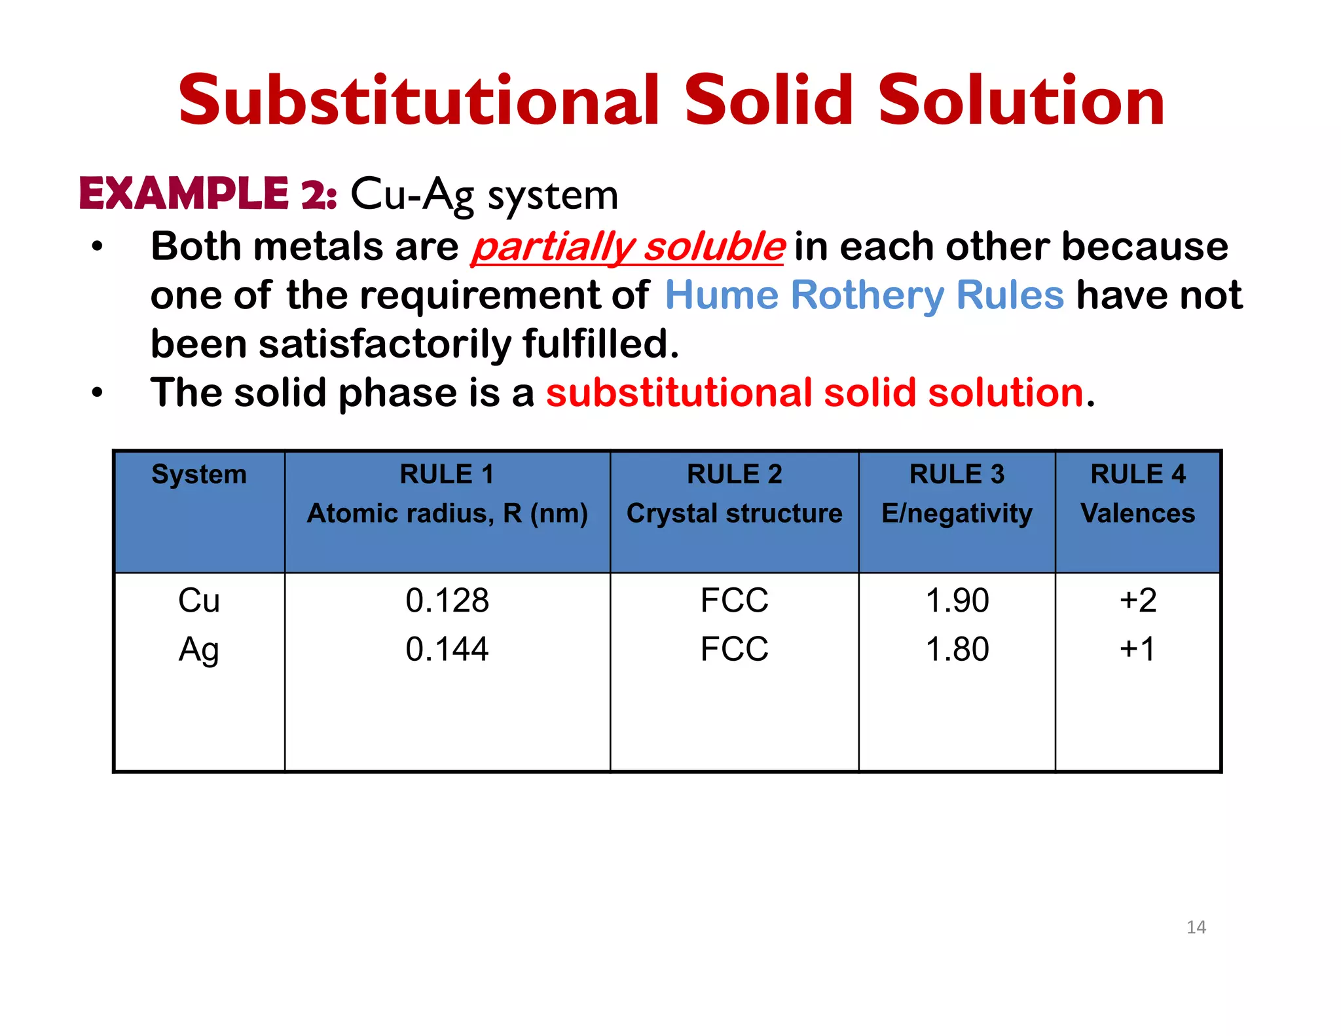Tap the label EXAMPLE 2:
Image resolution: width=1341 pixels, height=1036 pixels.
(208, 194)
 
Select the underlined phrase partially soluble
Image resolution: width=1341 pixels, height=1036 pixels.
(628, 248)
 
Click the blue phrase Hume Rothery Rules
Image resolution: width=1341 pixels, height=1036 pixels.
(864, 295)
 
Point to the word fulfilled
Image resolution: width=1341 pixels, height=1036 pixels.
(600, 344)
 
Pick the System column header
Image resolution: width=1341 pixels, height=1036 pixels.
(199, 474)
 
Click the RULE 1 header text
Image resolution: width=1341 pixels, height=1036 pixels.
(447, 474)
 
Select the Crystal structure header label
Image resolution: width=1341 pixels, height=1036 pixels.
(734, 513)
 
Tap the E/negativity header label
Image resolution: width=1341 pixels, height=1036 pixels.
(957, 513)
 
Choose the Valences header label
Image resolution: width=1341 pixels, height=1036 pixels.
(1137, 513)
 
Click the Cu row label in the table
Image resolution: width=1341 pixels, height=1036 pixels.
(199, 601)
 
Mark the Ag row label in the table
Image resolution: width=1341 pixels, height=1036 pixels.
(199, 650)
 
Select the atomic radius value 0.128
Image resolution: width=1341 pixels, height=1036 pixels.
(447, 601)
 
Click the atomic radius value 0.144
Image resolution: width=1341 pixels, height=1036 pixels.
(447, 650)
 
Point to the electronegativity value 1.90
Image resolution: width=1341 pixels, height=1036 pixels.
(957, 601)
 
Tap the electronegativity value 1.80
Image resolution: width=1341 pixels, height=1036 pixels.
(957, 650)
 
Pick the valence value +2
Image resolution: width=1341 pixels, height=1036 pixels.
(1137, 601)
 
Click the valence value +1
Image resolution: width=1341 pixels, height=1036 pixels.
(1137, 650)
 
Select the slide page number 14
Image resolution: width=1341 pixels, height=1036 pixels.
(1196, 927)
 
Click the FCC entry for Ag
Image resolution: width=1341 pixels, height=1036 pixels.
(734, 650)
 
